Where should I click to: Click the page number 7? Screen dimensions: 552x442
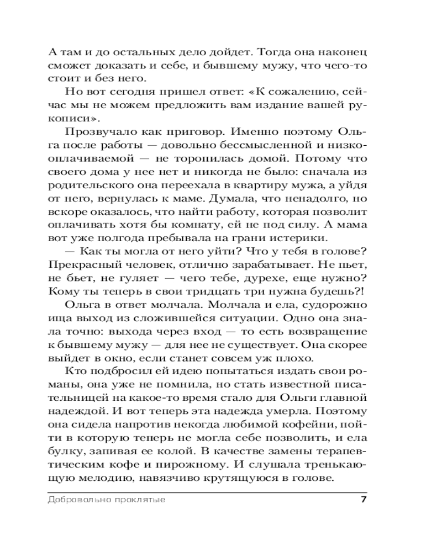pos(363,500)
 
